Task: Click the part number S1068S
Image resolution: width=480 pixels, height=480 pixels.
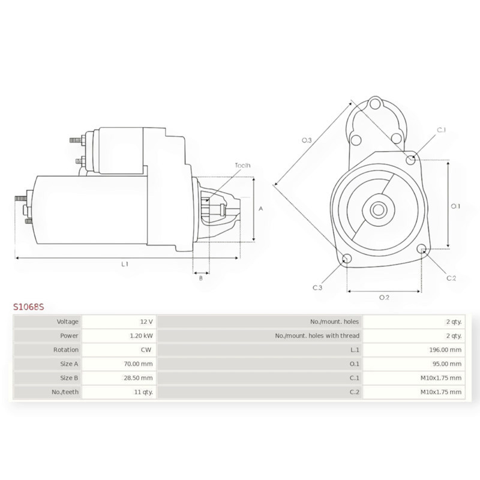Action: pos(28,307)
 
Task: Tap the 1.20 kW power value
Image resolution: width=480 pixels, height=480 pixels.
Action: pos(141,336)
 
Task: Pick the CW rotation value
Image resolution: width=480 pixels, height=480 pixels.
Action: pos(146,350)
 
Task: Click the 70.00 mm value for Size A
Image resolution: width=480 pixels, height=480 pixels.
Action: pos(138,364)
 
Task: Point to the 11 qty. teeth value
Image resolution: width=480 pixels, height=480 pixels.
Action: pos(143,392)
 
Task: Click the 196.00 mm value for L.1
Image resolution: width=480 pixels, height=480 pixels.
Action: pos(445,350)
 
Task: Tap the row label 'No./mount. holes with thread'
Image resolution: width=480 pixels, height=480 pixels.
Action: pos(317,336)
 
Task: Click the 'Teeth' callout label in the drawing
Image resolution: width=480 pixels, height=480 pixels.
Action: pos(242,166)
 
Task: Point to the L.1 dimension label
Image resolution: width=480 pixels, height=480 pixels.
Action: pos(125,264)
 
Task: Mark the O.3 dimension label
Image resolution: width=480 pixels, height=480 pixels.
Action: pos(307,140)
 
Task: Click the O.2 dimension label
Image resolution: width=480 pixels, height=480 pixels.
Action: pos(384,297)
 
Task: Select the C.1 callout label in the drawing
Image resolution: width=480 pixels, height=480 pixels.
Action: pos(441,130)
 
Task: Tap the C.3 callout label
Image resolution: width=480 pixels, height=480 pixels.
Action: pos(317,288)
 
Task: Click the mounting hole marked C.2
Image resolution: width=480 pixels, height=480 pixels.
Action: pos(421,249)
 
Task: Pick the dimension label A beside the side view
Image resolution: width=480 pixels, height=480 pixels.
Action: pos(261,209)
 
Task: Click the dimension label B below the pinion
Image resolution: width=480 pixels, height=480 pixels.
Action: pos(201,278)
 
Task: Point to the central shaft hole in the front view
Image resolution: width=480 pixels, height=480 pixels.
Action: pos(378,209)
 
